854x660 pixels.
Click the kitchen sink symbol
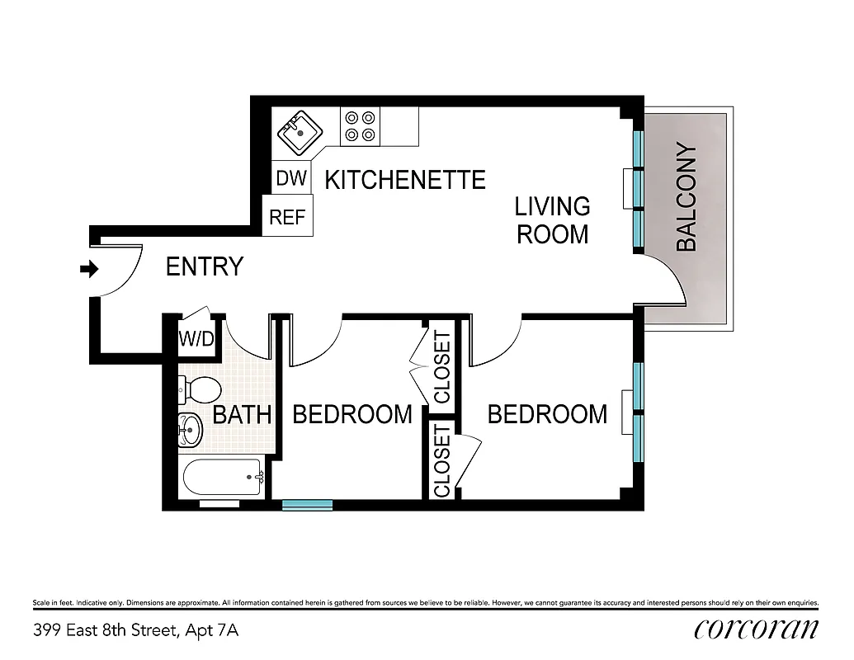(299, 132)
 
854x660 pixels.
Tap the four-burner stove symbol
(360, 126)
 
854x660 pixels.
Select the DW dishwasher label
(290, 178)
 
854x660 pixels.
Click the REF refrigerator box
(287, 218)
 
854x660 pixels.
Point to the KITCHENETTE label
(404, 180)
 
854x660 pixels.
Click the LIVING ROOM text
(552, 219)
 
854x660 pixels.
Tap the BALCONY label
(687, 198)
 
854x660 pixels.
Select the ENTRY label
(205, 267)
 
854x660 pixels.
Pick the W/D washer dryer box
(196, 338)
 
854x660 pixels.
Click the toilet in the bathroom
(199, 388)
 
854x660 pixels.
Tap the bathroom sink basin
(190, 428)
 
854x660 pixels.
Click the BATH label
(242, 414)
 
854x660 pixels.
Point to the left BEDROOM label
(352, 414)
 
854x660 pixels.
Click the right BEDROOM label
(547, 414)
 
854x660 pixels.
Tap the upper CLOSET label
(442, 367)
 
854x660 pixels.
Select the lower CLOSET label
(442, 461)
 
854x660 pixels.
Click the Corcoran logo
(757, 629)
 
